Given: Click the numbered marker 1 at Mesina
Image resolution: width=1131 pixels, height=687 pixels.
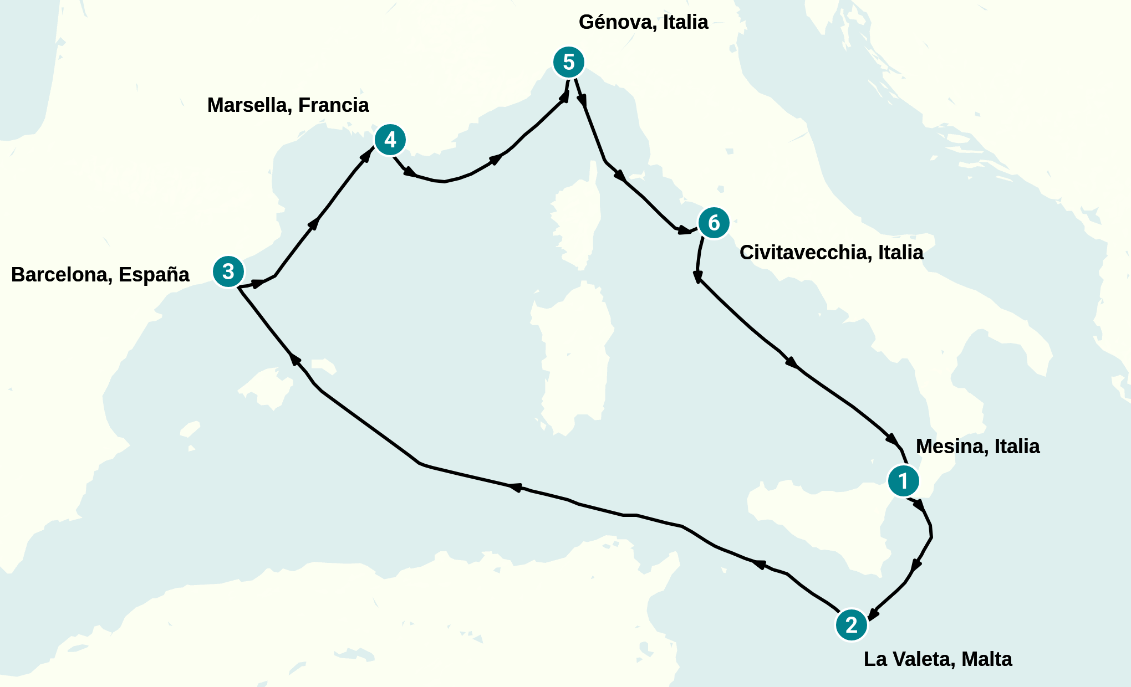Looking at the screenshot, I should coord(903,481).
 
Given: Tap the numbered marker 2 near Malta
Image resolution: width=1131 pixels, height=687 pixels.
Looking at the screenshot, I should coord(851,625).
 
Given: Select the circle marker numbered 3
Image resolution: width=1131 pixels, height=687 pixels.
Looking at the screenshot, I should coord(228,271).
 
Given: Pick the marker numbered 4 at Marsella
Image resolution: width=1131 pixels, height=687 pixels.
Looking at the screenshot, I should coord(390,140).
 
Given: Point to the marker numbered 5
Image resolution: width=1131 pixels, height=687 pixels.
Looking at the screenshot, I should coord(569,62).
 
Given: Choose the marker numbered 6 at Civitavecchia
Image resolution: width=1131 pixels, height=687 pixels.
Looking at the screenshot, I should coord(714,223).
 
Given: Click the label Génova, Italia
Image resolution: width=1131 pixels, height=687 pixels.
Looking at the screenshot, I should coord(643,22).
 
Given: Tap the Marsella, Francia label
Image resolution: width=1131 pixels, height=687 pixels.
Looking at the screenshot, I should coord(288,105).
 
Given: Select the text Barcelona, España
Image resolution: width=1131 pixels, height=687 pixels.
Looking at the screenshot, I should coord(100,275).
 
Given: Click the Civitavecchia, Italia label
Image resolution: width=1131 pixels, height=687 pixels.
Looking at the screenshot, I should coord(831,253).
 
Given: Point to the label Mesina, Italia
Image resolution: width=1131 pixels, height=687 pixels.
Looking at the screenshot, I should coord(977,447).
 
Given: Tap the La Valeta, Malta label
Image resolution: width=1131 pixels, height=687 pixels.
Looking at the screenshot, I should coord(938,659).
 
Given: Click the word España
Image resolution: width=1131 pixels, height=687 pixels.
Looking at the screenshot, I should coord(154,275).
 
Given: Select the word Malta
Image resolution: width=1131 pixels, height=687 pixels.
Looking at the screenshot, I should coord(986,659).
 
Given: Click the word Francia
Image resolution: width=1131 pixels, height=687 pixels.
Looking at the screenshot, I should coord(333,105).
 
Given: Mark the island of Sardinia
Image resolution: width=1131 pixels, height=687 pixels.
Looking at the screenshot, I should coord(574,360).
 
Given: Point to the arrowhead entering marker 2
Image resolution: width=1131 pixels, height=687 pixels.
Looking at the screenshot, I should coord(873,614).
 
